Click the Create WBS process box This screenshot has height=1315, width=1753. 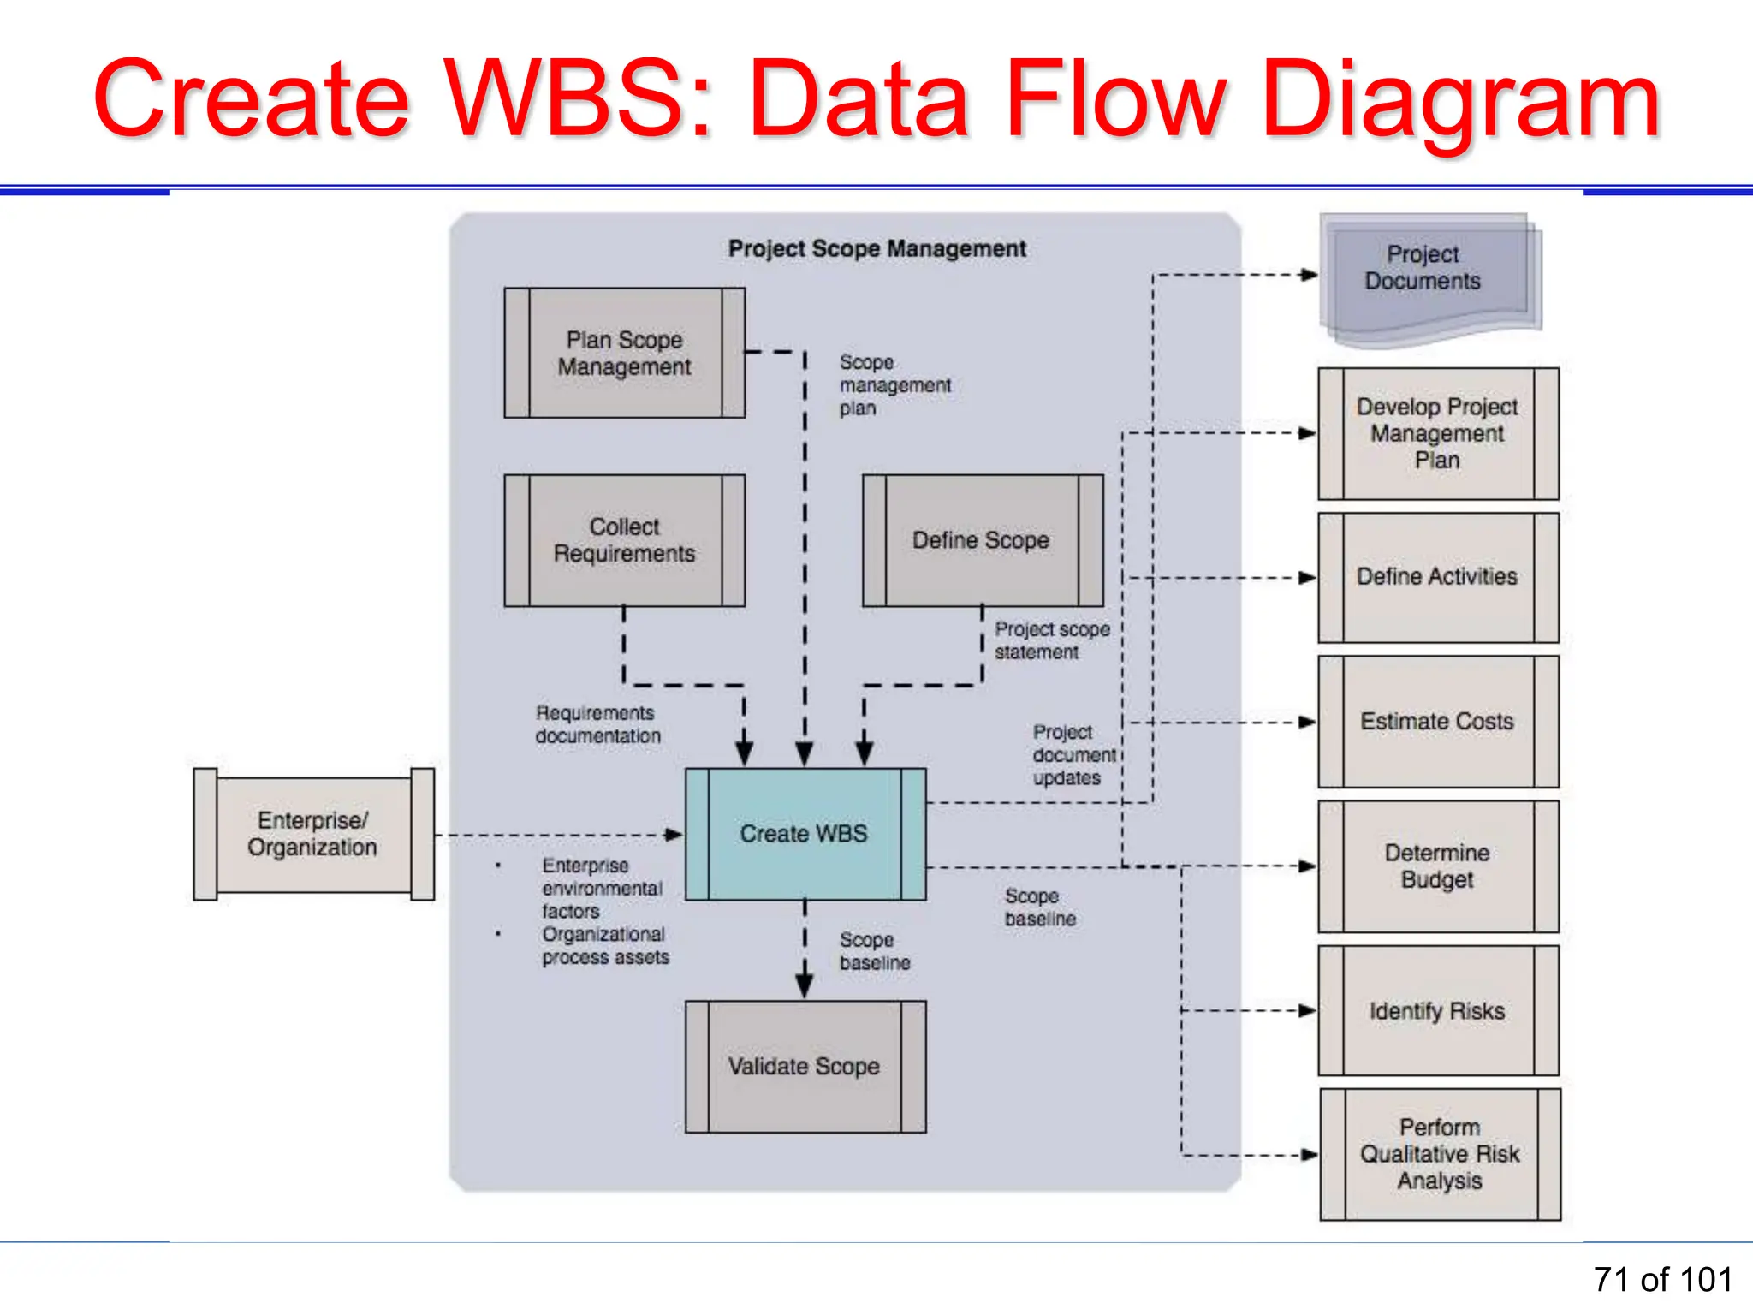click(x=805, y=834)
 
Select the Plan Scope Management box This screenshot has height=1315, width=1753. click(x=624, y=353)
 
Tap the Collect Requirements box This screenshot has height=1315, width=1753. click(x=624, y=540)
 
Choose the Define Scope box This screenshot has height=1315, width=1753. click(x=982, y=540)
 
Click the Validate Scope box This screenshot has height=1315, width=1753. click(x=805, y=1067)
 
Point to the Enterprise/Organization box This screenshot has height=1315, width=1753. click(x=313, y=834)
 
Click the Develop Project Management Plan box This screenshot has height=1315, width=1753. click(x=1437, y=433)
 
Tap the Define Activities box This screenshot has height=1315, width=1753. click(x=1437, y=577)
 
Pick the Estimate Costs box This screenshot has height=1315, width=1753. click(x=1437, y=722)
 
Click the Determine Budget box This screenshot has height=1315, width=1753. click(x=1437, y=866)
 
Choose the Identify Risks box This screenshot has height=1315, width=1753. click(x=1437, y=1011)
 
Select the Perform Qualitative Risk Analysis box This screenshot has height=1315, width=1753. click(x=1440, y=1154)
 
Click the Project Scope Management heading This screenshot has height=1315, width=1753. click(x=876, y=249)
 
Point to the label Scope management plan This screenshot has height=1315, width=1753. click(x=894, y=385)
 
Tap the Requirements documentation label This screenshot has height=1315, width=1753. click(x=597, y=724)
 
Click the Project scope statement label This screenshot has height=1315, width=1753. click(x=1051, y=640)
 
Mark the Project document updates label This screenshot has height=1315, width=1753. click(x=1073, y=755)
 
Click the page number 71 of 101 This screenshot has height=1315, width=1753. click(x=1662, y=1280)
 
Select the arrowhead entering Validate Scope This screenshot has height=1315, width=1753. click(x=805, y=987)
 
